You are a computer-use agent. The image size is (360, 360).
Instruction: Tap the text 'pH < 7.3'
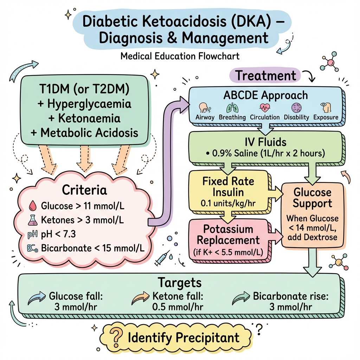(59, 234)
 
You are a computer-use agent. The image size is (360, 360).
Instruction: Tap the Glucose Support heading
(312, 198)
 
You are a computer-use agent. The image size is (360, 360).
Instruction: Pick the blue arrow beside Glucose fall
(37, 298)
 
